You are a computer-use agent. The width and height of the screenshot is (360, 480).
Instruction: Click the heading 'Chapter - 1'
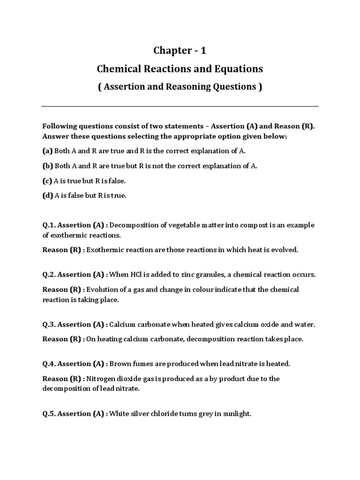(180, 51)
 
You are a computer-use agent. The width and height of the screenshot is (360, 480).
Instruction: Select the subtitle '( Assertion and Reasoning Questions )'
(180, 87)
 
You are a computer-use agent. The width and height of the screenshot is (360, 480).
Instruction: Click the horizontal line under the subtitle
(180, 106)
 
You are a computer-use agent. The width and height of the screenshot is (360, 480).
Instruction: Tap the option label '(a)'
(47, 150)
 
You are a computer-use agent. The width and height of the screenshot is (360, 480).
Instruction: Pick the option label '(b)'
(48, 165)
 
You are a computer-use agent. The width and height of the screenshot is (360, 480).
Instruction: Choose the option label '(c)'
(47, 180)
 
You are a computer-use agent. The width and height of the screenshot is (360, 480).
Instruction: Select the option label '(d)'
(48, 195)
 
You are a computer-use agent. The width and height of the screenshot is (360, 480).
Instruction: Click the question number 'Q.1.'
(49, 225)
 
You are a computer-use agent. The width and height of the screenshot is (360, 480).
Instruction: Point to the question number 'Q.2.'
(49, 274)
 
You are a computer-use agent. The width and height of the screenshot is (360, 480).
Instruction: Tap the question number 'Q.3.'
(49, 324)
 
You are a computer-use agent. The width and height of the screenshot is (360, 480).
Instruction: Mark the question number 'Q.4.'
(49, 364)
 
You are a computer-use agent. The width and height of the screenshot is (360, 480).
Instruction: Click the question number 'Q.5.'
(49, 413)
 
